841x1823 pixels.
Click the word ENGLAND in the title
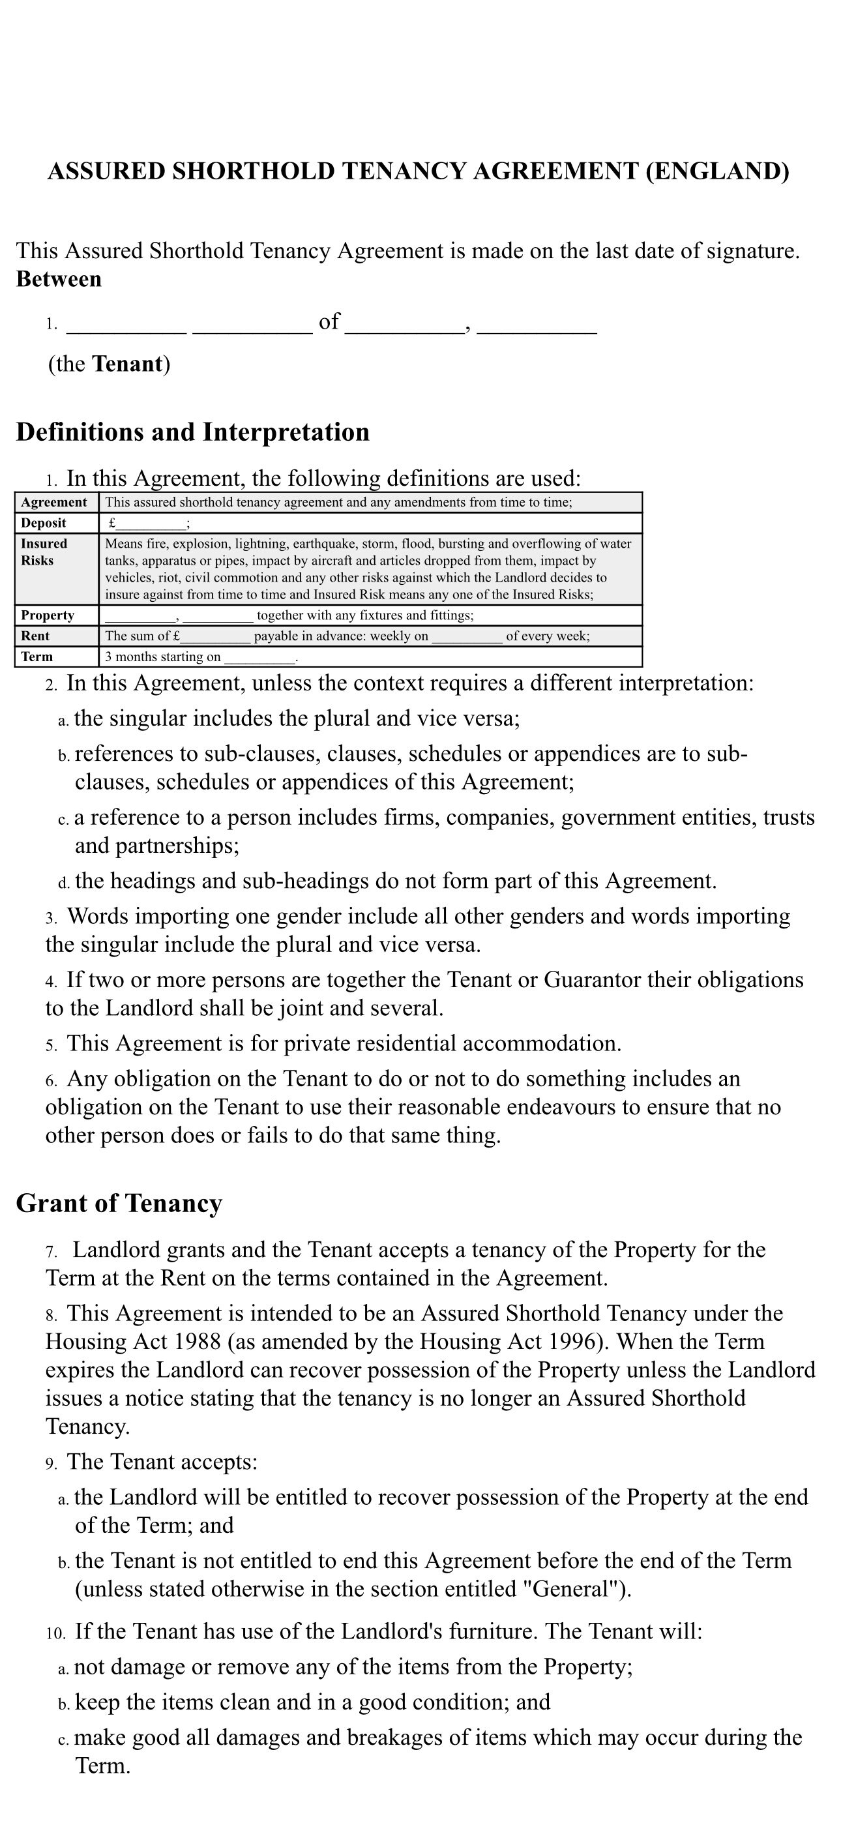pyautogui.click(x=717, y=172)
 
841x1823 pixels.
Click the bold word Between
pyautogui.click(x=59, y=280)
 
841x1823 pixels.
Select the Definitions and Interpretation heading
pyautogui.click(x=192, y=432)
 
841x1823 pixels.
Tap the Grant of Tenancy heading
pyautogui.click(x=119, y=1203)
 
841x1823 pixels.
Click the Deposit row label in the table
pyautogui.click(x=43, y=523)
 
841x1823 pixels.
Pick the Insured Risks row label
pyautogui.click(x=44, y=552)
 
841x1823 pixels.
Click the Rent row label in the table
pyautogui.click(x=35, y=636)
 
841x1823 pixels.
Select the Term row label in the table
pyautogui.click(x=37, y=657)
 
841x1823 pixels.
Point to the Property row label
pyautogui.click(x=48, y=615)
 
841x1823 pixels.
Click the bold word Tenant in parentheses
pyautogui.click(x=127, y=364)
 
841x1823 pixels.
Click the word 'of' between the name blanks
pyautogui.click(x=329, y=322)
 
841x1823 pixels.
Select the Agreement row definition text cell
pyautogui.click(x=338, y=503)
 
